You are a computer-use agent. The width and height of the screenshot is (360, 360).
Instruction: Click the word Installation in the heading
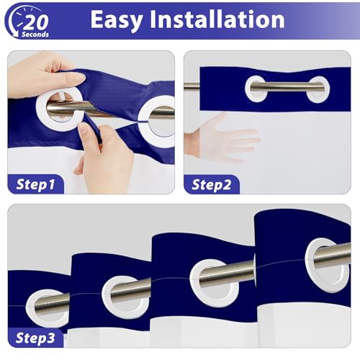(217, 19)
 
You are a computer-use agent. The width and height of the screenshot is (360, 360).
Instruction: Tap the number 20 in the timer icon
(37, 23)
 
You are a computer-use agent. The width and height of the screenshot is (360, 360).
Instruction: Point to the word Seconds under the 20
(35, 35)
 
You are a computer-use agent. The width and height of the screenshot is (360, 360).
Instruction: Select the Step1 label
(35, 184)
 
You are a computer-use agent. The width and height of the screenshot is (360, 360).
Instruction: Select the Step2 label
(211, 185)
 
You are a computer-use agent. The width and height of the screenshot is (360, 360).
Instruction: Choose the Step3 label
(35, 338)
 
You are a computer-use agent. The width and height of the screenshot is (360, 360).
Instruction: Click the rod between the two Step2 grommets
(287, 86)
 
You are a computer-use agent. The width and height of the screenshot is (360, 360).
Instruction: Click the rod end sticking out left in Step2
(192, 86)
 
